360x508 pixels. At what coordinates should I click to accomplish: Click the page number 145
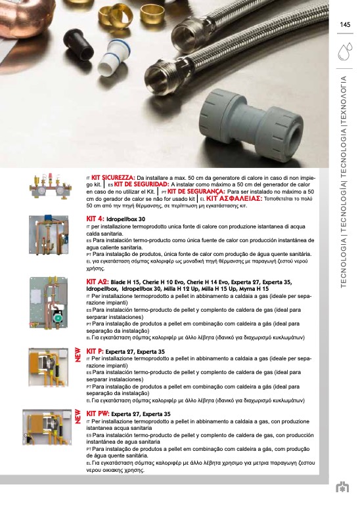(345, 25)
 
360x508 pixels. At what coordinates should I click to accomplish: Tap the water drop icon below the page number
(345, 51)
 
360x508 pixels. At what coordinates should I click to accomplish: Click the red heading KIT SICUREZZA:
(113, 178)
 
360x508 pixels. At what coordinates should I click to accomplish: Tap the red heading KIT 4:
(95, 219)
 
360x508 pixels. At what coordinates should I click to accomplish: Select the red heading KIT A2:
(97, 282)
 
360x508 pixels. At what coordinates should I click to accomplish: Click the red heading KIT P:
(95, 351)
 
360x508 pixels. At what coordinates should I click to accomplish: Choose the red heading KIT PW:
(98, 413)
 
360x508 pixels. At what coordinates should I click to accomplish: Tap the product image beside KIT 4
(49, 235)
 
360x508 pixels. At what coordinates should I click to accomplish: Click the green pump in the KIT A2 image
(57, 317)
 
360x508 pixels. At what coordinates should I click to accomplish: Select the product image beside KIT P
(49, 367)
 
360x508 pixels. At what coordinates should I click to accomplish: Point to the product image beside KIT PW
(47, 427)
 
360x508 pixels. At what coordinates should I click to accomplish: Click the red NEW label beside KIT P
(78, 355)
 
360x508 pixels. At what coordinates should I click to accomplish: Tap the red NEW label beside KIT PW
(78, 416)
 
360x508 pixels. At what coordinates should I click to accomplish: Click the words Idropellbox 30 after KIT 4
(126, 219)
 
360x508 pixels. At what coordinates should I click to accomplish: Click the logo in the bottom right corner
(342, 488)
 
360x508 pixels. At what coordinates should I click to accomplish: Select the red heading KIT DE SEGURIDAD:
(142, 184)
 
